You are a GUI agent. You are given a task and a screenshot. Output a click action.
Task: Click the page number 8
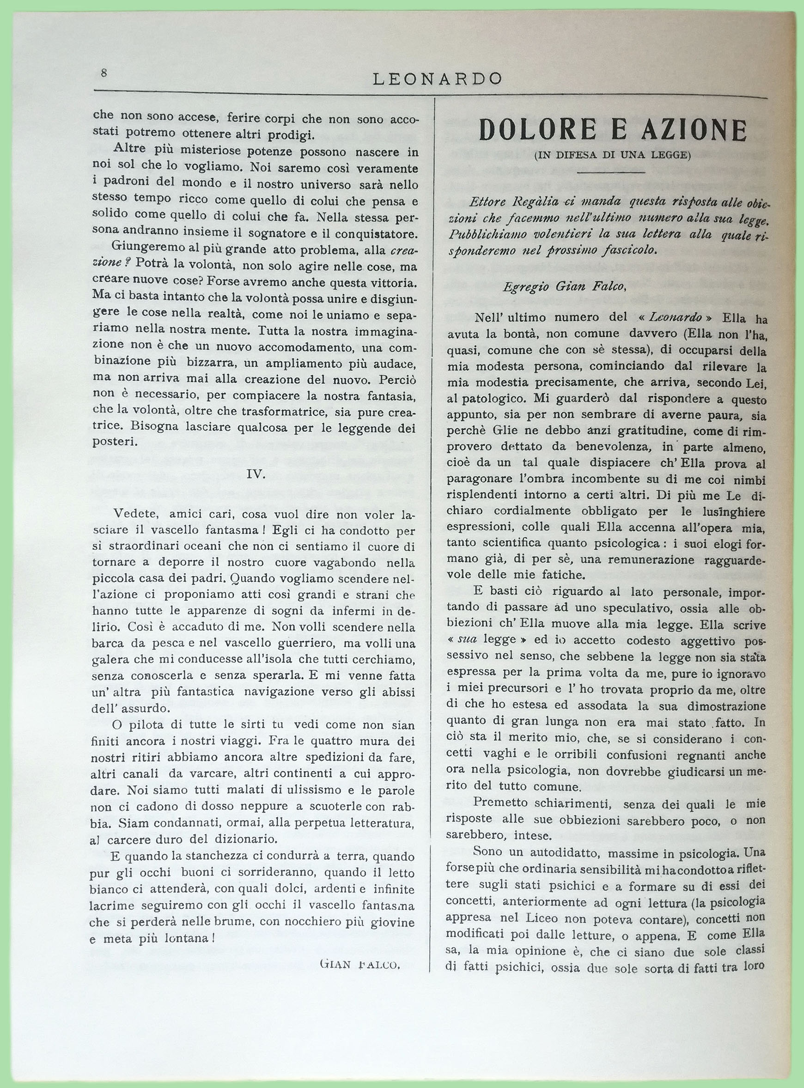tap(104, 73)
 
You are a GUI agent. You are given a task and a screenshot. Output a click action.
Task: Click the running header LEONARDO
tap(437, 79)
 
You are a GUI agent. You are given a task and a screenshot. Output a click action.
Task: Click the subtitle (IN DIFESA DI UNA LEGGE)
tap(612, 156)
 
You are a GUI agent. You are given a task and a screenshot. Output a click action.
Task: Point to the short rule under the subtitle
tap(611, 171)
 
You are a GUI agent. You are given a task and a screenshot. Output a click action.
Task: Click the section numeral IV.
tap(256, 474)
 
